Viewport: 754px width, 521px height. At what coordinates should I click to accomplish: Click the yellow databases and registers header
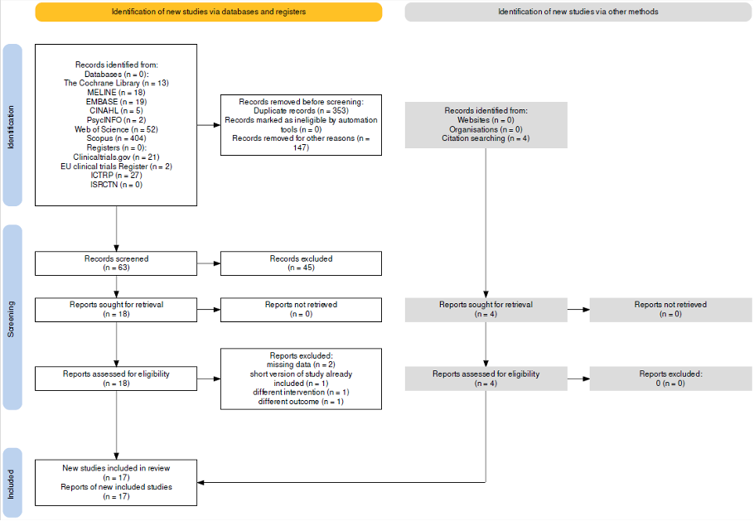pos(209,12)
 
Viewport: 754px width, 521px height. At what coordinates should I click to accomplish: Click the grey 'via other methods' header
pos(578,12)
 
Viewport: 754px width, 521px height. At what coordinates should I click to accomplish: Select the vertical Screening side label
pos(12,318)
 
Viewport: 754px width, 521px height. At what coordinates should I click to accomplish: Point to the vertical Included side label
pos(12,483)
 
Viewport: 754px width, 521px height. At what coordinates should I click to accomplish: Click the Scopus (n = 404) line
pos(116,138)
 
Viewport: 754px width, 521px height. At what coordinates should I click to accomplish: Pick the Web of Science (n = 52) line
pos(116,129)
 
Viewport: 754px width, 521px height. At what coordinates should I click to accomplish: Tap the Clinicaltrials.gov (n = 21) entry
pos(116,157)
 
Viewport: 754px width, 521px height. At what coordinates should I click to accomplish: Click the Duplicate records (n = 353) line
pos(301,110)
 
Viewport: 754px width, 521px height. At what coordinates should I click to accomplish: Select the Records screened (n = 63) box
pos(116,263)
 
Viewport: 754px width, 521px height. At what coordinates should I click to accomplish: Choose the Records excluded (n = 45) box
pos(301,263)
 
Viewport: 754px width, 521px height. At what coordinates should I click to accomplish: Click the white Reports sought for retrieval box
pos(116,310)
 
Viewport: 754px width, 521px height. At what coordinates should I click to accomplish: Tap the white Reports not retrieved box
pos(301,310)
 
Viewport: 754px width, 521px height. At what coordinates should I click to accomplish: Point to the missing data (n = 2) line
pos(301,364)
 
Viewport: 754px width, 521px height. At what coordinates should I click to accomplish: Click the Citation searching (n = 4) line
pos(486,138)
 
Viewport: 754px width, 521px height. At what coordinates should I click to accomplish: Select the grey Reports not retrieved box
pos(670,310)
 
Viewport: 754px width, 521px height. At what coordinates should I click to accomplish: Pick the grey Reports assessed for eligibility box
pos(486,379)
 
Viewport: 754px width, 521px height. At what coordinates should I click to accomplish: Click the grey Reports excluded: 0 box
pos(670,379)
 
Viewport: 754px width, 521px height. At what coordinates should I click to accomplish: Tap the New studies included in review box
pos(116,483)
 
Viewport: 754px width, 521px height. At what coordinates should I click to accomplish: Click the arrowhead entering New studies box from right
pos(201,482)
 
